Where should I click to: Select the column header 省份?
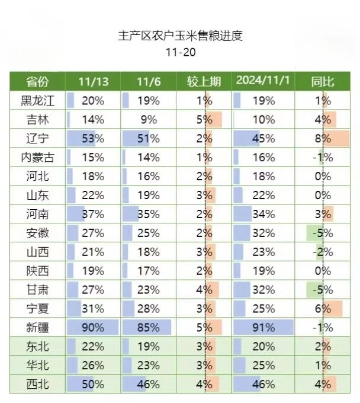(37, 82)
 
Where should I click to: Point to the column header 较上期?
(204, 82)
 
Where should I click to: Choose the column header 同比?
(323, 82)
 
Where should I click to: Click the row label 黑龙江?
(37, 101)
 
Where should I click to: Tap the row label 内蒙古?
(37, 158)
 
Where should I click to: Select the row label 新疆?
(37, 327)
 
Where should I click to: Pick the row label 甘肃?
(37, 290)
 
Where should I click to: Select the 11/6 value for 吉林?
(149, 120)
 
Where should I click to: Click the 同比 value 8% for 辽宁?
(323, 139)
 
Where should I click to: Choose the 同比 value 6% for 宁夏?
(323, 308)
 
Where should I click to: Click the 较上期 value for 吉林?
(204, 120)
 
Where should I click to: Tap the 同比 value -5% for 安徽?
(322, 233)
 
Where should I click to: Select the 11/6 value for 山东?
(149, 195)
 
